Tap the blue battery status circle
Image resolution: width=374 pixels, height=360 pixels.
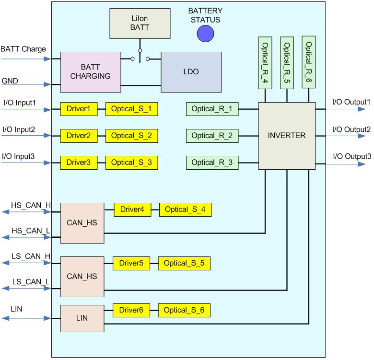(x=206, y=33)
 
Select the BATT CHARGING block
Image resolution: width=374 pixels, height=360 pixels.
(x=90, y=72)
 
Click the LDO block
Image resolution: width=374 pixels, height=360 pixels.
(x=191, y=72)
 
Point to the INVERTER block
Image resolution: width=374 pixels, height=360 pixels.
(x=287, y=135)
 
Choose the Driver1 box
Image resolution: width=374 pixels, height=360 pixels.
(x=79, y=109)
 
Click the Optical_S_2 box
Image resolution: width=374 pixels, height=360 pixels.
(x=131, y=136)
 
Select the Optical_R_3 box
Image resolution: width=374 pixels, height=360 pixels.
(x=212, y=163)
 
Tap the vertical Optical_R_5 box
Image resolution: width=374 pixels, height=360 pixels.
(x=287, y=62)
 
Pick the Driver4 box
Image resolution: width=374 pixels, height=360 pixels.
(x=132, y=209)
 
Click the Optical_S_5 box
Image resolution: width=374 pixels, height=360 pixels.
(x=184, y=263)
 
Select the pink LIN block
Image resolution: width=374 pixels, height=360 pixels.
(x=82, y=318)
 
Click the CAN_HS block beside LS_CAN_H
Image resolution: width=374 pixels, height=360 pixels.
(x=82, y=276)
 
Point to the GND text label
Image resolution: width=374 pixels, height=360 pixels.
(x=10, y=81)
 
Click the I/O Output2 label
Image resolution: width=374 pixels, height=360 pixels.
(x=351, y=129)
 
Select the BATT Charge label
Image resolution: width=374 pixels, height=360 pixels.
(x=23, y=49)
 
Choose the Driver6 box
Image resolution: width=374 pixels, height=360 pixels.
(x=131, y=310)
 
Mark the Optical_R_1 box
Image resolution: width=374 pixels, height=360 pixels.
(x=212, y=109)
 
